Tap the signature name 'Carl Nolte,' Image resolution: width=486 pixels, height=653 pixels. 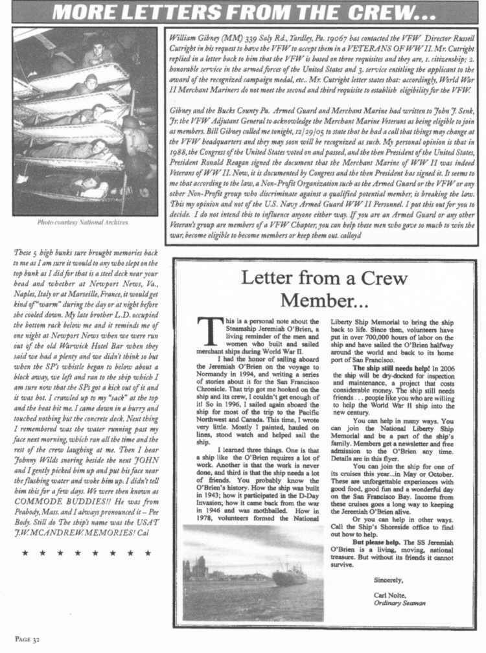click(x=391, y=594)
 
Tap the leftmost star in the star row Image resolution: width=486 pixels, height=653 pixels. click(x=25, y=553)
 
